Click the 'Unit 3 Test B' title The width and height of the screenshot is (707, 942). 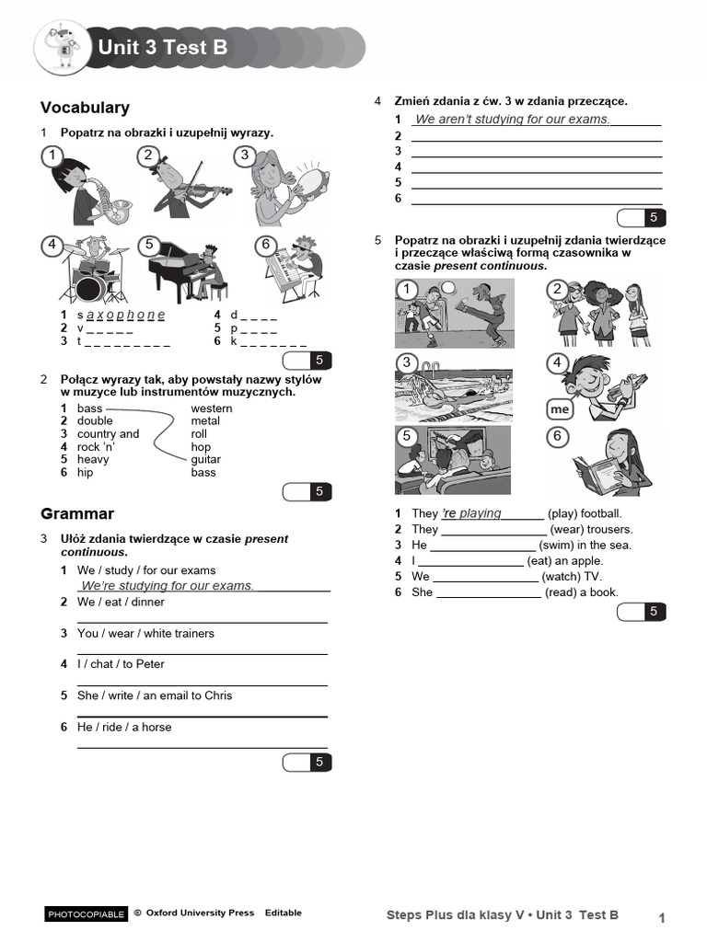pos(162,48)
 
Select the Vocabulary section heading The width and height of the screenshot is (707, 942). pos(86,108)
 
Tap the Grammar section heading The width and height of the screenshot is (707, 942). pos(77,513)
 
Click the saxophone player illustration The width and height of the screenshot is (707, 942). pos(87,189)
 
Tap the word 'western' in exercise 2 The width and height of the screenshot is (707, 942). pos(212,408)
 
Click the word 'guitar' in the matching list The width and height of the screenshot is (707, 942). pos(206,459)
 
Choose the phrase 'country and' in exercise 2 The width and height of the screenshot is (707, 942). pos(108,434)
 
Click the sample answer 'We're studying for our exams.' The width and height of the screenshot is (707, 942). pos(167,586)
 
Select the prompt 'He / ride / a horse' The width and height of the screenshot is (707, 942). pos(124,727)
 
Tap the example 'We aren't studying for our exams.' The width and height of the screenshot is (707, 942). pos(512,120)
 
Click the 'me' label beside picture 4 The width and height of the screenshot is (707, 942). pos(559,408)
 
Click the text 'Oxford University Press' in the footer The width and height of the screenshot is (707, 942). pos(199,913)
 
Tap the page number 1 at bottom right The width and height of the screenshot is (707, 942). pos(662,917)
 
